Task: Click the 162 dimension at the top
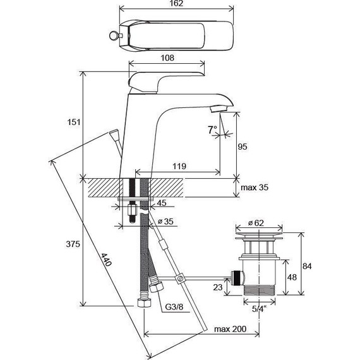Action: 177,3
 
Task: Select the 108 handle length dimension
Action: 167,57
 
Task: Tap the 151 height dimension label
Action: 74,122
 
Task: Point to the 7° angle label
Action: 212,129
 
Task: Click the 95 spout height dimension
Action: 243,147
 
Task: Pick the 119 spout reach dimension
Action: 179,166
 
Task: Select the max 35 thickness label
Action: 255,188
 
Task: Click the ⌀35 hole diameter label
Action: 165,222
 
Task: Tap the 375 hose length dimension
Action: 73,244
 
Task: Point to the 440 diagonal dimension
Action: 107,260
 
